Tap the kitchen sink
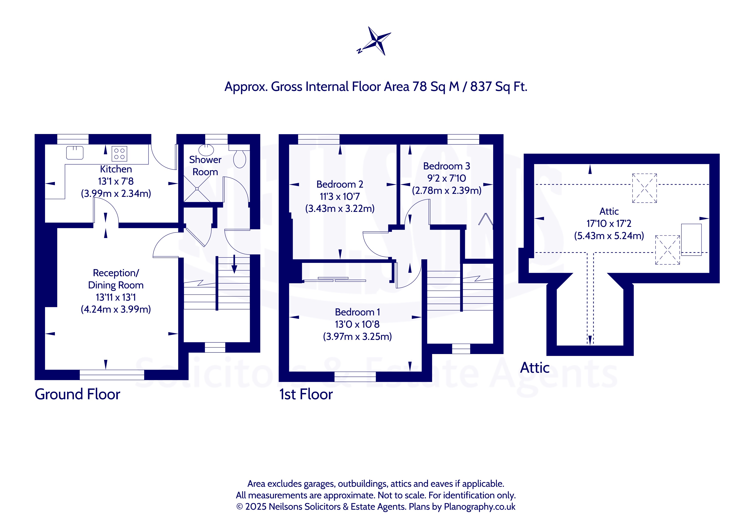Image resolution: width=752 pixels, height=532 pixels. pyautogui.click(x=75, y=153)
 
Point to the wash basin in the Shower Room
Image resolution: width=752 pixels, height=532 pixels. pyautogui.click(x=206, y=150)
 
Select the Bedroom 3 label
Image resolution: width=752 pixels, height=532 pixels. pyautogui.click(x=446, y=166)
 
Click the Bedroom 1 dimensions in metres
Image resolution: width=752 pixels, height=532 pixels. pyautogui.click(x=357, y=336)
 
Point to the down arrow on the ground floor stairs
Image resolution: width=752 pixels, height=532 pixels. pyautogui.click(x=234, y=264)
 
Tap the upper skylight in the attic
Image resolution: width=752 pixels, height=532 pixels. pyautogui.click(x=644, y=188)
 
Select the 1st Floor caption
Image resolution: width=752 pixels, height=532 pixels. pyautogui.click(x=306, y=394)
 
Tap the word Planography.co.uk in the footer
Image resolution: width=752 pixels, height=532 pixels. pyautogui.click(x=479, y=506)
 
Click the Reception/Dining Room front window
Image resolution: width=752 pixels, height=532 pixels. pyautogui.click(x=112, y=375)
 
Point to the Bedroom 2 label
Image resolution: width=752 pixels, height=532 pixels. pyautogui.click(x=340, y=184)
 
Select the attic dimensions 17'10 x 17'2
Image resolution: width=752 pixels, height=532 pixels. pyautogui.click(x=609, y=223)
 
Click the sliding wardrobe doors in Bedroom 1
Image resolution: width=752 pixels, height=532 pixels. pyautogui.click(x=335, y=279)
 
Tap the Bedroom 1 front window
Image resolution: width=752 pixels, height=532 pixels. pyautogui.click(x=355, y=377)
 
